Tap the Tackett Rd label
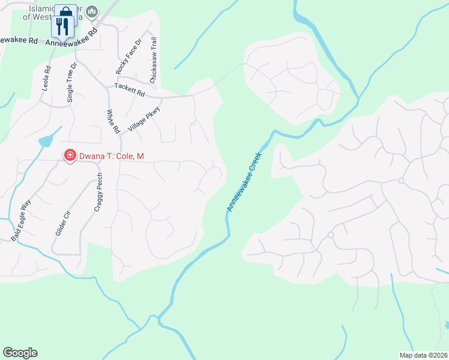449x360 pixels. (130, 90)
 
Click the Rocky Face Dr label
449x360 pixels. (129, 56)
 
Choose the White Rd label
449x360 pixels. (112, 121)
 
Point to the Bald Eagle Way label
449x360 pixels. (21, 222)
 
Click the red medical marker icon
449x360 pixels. (70, 156)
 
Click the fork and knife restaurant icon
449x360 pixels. (60, 25)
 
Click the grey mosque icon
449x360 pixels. (92, 11)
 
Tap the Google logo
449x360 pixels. (20, 353)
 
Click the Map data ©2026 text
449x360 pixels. (423, 355)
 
